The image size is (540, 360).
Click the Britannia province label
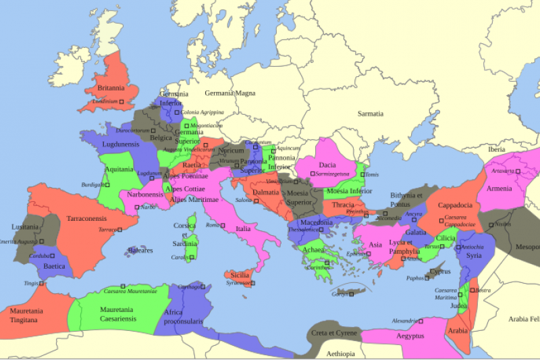pos(111,88)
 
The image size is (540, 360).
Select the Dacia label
pos(327,164)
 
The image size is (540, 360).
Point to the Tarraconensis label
pos(86,219)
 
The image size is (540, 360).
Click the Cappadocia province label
pos(454,205)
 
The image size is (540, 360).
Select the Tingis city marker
pos(42,284)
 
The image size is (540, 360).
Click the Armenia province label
pos(499,188)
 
